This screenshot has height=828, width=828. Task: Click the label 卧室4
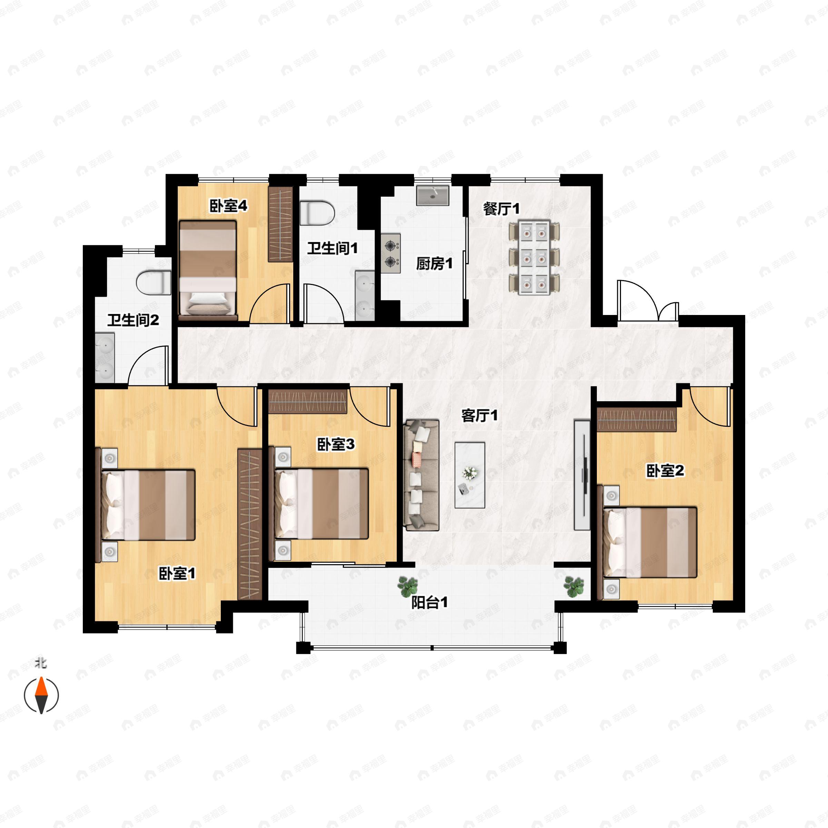[x=228, y=206]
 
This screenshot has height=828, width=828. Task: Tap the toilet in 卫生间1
[x=317, y=213]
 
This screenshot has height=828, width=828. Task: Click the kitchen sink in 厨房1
[x=433, y=195]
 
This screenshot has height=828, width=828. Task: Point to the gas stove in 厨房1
[x=391, y=253]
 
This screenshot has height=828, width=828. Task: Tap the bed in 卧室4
[x=208, y=270]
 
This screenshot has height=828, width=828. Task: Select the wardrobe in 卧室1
[x=249, y=524]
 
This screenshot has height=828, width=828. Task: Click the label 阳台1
[x=430, y=603]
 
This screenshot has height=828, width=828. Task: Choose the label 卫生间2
[x=133, y=320]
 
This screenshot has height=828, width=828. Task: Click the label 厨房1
[x=434, y=264]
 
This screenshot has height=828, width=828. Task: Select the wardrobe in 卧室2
[x=637, y=420]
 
